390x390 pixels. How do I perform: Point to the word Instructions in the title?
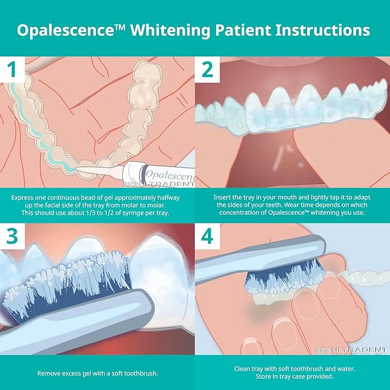point(322,30)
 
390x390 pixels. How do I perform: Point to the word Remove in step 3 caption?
point(50,373)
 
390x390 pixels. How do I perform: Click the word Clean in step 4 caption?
point(244,369)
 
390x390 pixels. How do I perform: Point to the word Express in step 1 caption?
point(24,196)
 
